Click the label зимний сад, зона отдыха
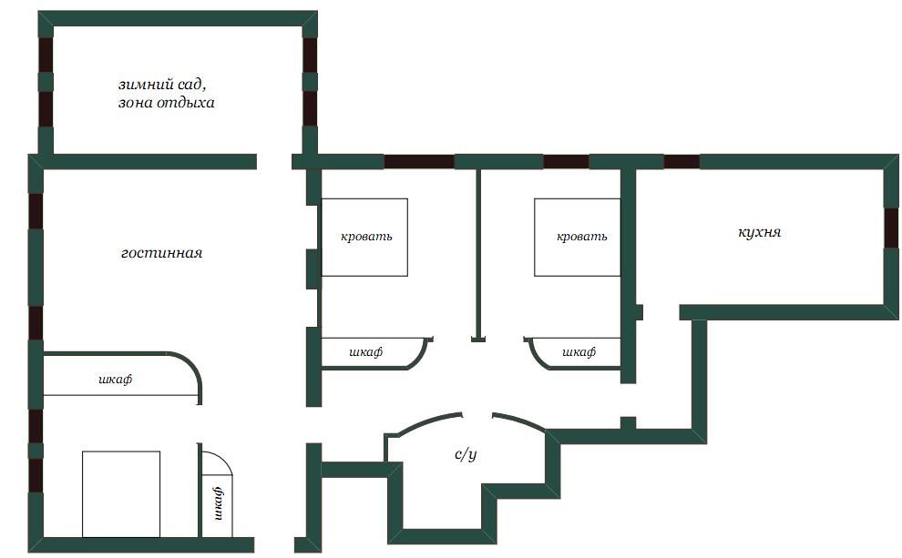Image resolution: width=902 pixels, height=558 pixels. (x=166, y=94)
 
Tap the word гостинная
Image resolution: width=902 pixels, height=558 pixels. (x=161, y=253)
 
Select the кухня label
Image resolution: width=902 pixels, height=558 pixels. (x=759, y=232)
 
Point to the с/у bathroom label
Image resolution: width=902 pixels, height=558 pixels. (x=466, y=454)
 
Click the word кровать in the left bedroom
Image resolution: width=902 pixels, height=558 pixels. (x=366, y=236)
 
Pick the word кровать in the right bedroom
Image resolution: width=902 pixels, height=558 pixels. (x=581, y=236)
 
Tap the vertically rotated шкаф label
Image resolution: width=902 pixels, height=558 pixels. (x=218, y=503)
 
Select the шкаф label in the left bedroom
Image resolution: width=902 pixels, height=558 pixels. (x=366, y=351)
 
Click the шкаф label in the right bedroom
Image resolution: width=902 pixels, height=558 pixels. (x=579, y=351)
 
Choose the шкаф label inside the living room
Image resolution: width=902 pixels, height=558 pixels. (x=115, y=380)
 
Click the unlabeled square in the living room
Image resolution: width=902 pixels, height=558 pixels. (x=121, y=494)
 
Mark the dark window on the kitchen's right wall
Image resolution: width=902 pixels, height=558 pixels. (x=891, y=228)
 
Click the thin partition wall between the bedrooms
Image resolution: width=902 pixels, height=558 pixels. (x=478, y=255)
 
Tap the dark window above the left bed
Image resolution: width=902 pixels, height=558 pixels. (x=419, y=161)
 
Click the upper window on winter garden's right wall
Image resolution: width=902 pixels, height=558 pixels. (x=310, y=56)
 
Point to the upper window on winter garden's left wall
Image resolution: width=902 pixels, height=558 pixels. (x=46, y=56)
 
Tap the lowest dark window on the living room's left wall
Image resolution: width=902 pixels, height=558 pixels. (x=36, y=475)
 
